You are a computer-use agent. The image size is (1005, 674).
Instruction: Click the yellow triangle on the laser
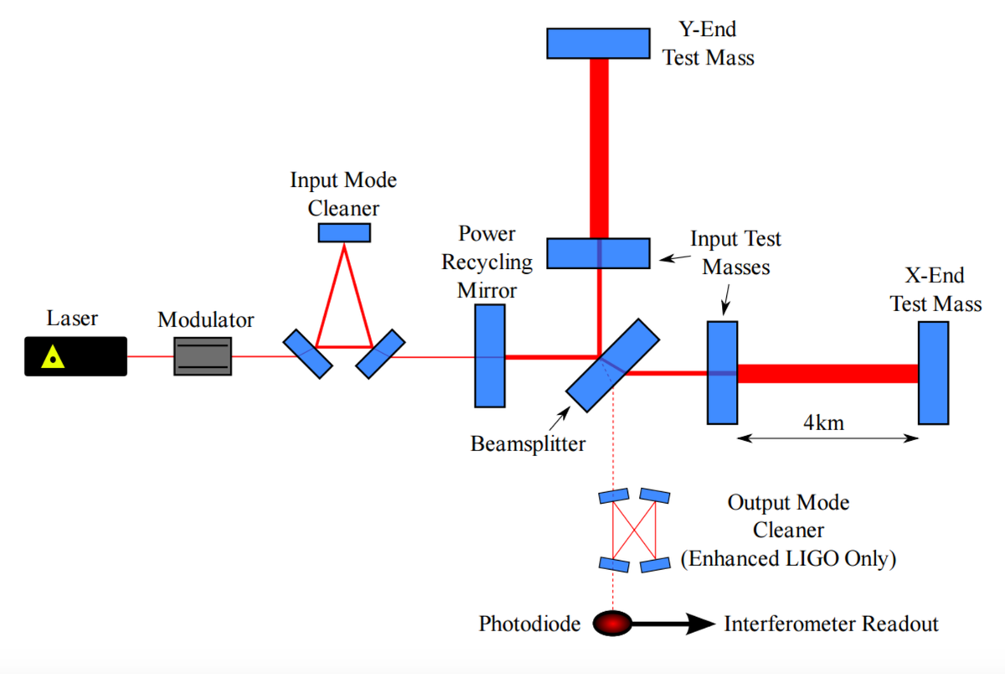click(x=53, y=357)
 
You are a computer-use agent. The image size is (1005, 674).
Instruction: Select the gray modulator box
click(x=203, y=356)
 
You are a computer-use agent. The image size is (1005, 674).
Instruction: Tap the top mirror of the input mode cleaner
click(x=344, y=232)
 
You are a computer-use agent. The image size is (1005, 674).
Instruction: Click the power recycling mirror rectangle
click(x=490, y=356)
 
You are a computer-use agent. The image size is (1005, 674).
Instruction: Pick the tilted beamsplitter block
click(x=612, y=365)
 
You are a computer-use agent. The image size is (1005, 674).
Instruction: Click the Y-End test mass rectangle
click(x=598, y=44)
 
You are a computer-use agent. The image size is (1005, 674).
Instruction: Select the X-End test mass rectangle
click(x=933, y=373)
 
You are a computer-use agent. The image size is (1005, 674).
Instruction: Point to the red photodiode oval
click(x=612, y=623)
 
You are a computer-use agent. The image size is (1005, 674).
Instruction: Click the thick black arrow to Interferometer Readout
click(x=673, y=623)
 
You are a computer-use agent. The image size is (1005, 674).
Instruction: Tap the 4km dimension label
click(x=824, y=423)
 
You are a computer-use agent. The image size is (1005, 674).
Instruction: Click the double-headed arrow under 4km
click(x=827, y=438)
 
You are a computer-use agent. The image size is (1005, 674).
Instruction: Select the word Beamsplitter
click(x=528, y=444)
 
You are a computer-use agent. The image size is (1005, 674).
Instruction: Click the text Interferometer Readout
click(x=831, y=624)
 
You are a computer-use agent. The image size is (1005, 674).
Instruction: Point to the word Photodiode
click(x=529, y=624)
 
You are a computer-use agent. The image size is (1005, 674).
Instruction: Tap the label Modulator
click(x=205, y=319)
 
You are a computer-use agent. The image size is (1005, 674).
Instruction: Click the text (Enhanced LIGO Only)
click(x=788, y=558)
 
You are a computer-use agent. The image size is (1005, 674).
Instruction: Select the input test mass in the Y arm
click(x=598, y=253)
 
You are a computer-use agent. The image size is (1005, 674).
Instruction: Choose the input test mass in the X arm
click(x=722, y=373)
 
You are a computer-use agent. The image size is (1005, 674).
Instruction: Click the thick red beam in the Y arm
click(x=599, y=148)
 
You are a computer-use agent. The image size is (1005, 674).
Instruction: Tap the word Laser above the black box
click(x=72, y=318)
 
